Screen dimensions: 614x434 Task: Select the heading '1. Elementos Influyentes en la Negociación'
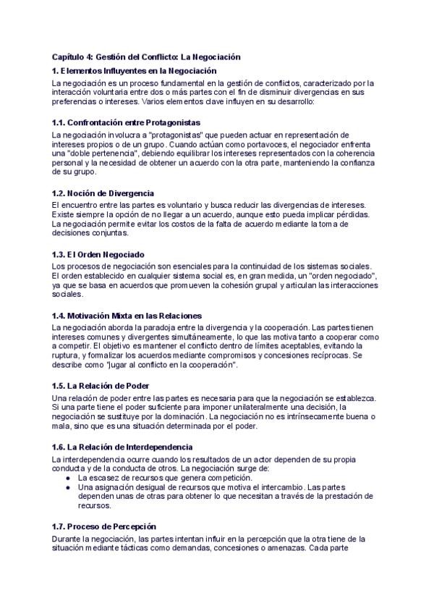click(x=135, y=71)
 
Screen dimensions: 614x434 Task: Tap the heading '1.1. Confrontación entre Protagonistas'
click(x=127, y=122)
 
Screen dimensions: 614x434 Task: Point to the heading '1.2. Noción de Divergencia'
click(x=103, y=193)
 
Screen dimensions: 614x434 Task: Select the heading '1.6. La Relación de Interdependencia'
click(x=122, y=447)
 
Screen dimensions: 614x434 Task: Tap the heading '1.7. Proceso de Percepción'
click(x=104, y=526)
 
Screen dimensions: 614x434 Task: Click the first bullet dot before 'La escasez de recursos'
click(x=67, y=479)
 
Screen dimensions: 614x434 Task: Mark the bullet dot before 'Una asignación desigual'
click(x=67, y=487)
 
